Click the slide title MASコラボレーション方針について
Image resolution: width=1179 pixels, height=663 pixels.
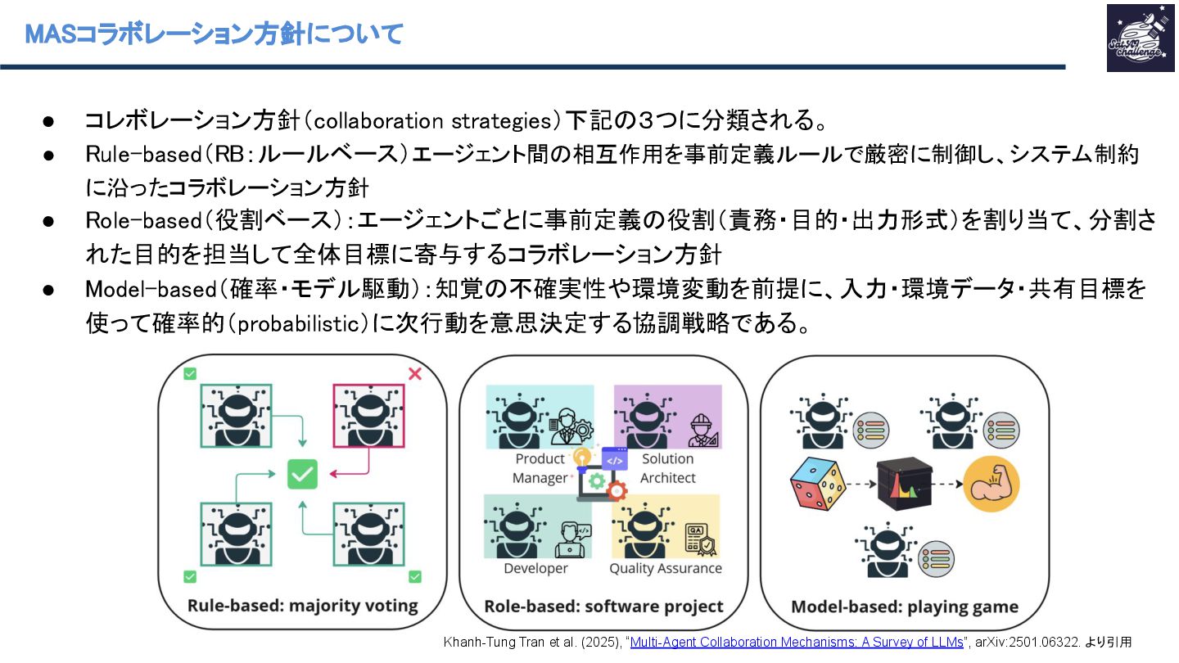[x=214, y=34]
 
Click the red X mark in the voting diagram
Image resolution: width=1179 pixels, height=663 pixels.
[x=414, y=374]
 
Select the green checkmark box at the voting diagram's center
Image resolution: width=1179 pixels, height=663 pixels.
[x=302, y=474]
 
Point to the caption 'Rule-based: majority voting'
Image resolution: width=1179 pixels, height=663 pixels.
[x=303, y=607]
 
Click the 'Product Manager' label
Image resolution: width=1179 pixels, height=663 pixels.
[x=540, y=468]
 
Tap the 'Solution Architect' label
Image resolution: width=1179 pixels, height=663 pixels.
[x=667, y=468]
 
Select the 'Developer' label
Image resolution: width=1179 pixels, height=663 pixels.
[x=535, y=568]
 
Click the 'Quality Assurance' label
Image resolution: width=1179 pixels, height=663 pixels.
[x=666, y=568]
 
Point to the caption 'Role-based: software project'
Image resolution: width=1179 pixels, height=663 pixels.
[x=604, y=607]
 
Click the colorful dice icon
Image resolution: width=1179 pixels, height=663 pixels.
[x=818, y=484]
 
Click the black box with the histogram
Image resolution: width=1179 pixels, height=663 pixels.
[x=904, y=485]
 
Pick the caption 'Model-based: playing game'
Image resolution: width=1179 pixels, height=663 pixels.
[x=905, y=607]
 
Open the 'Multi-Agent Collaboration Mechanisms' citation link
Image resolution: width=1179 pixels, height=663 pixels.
[x=797, y=643]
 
